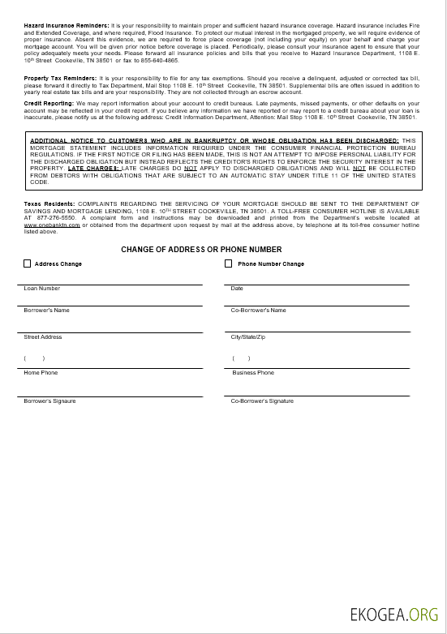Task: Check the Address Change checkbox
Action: pos(28,263)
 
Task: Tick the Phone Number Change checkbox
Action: pos(229,263)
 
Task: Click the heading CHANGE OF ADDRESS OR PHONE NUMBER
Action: pos(201,250)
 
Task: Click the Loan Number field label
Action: pos(41,289)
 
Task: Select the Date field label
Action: pos(237,289)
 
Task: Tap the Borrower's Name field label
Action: pos(47,310)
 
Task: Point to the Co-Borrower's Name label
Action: pos(258,310)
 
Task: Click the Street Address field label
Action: pos(43,336)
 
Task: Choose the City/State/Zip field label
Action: pos(247,336)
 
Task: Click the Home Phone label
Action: pos(41,373)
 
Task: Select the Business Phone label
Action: pos(253,373)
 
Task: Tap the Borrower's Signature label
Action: pos(51,401)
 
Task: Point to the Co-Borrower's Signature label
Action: pos(262,401)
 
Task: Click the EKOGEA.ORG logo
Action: pos(393,615)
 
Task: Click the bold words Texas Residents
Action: pos(49,203)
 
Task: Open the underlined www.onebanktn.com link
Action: pos(52,225)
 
